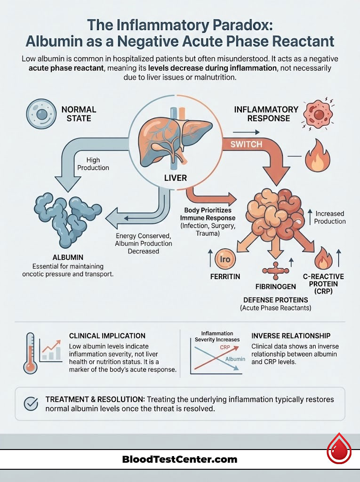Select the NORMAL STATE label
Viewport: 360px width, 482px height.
(79, 113)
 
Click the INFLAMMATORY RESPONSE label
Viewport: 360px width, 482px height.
(266, 113)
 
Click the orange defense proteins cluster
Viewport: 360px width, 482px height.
(273, 214)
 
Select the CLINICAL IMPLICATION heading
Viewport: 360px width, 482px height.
(107, 336)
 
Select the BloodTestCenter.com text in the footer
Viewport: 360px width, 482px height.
(180, 459)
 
